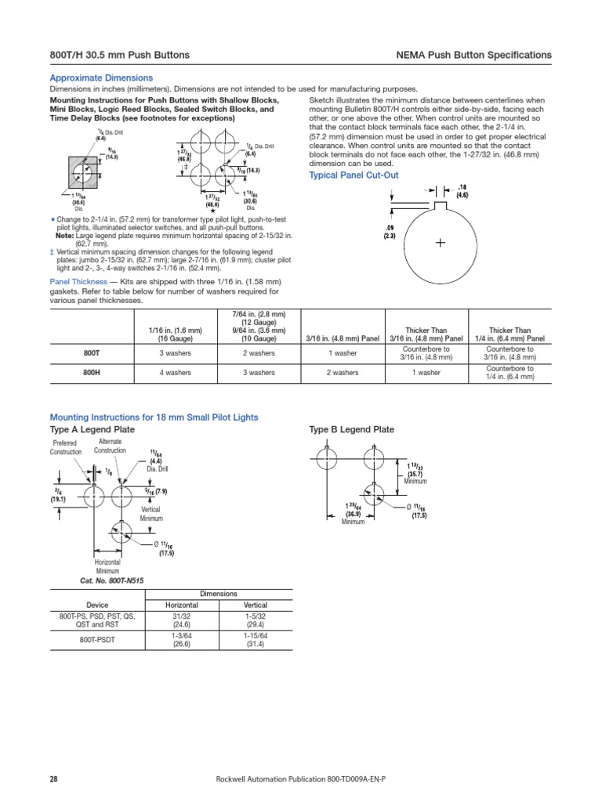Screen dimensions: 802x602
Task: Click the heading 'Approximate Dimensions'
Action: click(101, 78)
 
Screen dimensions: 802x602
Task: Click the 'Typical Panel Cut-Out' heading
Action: click(355, 175)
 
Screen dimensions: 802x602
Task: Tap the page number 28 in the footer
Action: click(55, 779)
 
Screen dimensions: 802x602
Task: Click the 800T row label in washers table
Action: click(91, 352)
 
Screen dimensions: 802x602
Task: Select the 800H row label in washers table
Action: click(91, 373)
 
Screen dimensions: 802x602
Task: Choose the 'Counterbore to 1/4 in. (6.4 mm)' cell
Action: click(510, 373)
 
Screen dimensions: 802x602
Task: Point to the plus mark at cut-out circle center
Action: click(441, 244)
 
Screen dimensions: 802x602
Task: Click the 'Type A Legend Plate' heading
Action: click(92, 430)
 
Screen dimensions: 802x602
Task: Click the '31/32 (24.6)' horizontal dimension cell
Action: click(181, 620)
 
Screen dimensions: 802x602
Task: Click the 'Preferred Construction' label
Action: click(66, 447)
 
